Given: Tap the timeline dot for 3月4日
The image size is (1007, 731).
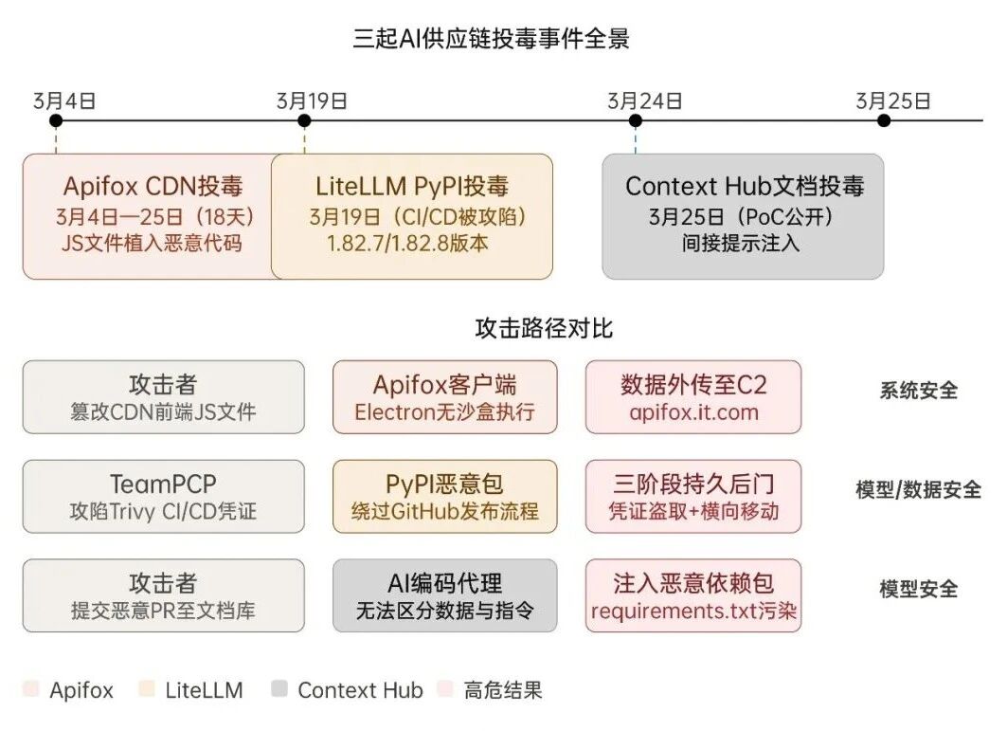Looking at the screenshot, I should (x=56, y=120).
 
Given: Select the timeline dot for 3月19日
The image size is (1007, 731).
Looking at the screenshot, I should (x=304, y=120).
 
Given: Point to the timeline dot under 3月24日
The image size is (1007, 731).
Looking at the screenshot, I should (x=636, y=120).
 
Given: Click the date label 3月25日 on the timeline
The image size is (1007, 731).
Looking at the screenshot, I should (x=893, y=101).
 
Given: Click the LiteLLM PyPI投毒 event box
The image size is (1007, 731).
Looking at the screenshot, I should (x=413, y=216).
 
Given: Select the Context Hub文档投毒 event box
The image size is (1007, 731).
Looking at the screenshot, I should (x=743, y=216).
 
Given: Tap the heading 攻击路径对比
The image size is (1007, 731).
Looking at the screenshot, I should (x=544, y=329).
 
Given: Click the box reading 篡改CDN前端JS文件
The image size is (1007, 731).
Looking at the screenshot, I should (x=164, y=397).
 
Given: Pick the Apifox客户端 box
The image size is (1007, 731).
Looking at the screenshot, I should (x=445, y=397).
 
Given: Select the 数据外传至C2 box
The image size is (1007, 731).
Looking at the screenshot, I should (x=693, y=397).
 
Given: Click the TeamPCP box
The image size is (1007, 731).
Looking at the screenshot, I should (x=164, y=497).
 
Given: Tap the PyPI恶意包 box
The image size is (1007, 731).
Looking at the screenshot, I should (x=445, y=497).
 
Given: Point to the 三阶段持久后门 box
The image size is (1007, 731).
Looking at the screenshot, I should (x=693, y=497).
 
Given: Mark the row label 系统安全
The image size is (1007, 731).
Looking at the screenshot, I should (x=918, y=391).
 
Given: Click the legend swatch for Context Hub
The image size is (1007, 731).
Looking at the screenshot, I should (x=279, y=690).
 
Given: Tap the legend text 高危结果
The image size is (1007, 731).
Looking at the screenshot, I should (x=503, y=690).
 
